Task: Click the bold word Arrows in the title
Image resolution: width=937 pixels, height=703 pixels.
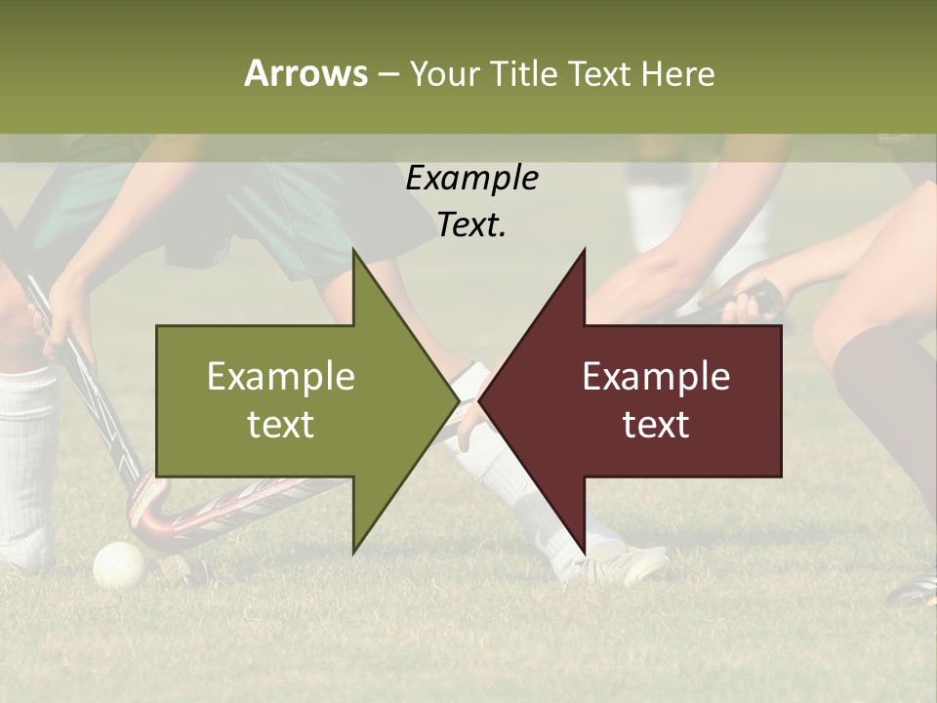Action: (306, 73)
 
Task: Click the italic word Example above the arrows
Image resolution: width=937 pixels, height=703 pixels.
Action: (471, 179)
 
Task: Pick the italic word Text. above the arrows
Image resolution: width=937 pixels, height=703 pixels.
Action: (471, 226)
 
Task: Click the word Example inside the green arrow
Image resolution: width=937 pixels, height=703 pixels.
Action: (281, 377)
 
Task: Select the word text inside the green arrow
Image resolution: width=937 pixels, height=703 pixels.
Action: (281, 425)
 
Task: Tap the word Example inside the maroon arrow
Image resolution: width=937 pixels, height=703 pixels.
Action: (656, 377)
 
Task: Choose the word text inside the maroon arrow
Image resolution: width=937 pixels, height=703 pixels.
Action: (656, 425)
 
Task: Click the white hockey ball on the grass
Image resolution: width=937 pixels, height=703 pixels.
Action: (119, 564)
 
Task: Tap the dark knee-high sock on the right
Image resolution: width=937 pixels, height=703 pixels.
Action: (883, 391)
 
